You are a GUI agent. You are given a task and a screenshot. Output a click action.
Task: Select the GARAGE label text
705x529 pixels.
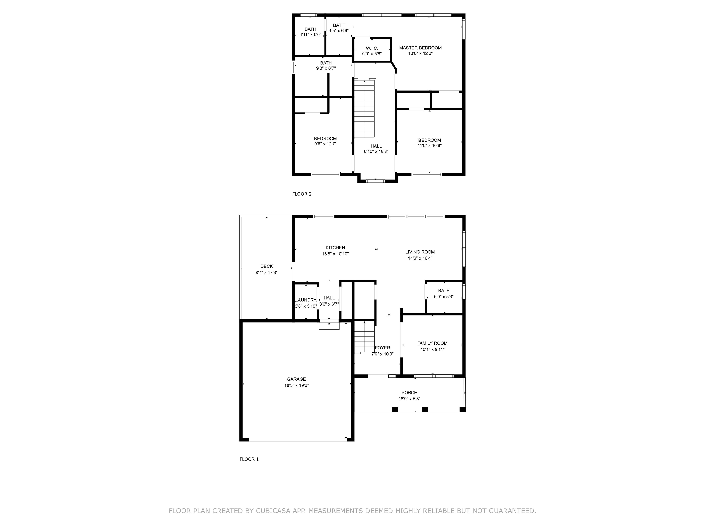[x=297, y=379]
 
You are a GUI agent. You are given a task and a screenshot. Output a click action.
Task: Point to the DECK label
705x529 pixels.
[x=266, y=266]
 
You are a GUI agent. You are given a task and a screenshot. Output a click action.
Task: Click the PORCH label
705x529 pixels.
[x=409, y=393]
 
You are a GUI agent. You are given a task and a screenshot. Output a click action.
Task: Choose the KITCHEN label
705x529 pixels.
[x=335, y=248]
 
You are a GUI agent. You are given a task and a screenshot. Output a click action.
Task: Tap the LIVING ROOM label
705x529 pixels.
[x=420, y=252]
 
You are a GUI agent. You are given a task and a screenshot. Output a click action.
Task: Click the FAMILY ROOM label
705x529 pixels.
[x=432, y=343]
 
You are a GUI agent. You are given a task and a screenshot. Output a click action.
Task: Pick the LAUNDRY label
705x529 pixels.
[x=306, y=300]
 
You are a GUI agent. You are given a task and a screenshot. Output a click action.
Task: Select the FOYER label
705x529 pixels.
[x=383, y=348]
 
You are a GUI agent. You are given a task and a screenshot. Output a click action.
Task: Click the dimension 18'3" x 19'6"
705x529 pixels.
[x=297, y=385]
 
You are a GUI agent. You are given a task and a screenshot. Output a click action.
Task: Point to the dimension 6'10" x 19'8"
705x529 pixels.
[x=376, y=152]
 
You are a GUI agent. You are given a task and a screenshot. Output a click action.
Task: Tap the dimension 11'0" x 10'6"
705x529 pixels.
[x=430, y=146]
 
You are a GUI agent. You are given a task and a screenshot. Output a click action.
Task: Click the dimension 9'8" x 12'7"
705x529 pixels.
[x=325, y=144]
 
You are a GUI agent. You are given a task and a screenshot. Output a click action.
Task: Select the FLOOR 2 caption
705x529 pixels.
[x=302, y=194]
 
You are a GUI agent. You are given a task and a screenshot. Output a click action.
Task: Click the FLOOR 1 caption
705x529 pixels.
[x=249, y=459]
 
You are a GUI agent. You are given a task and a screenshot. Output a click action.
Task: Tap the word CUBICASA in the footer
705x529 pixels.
[x=273, y=511]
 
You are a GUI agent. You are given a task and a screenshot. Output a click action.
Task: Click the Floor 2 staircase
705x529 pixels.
[x=365, y=108]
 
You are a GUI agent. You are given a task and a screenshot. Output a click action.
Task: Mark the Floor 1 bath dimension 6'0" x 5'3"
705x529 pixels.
[x=444, y=297]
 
